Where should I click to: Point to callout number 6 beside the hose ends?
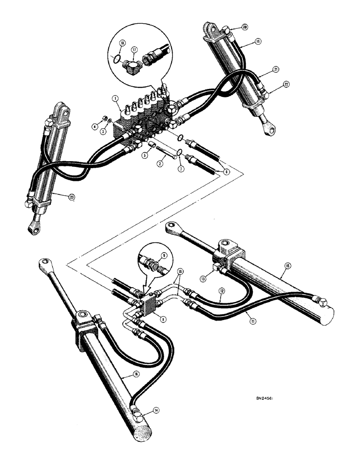(226, 171)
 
